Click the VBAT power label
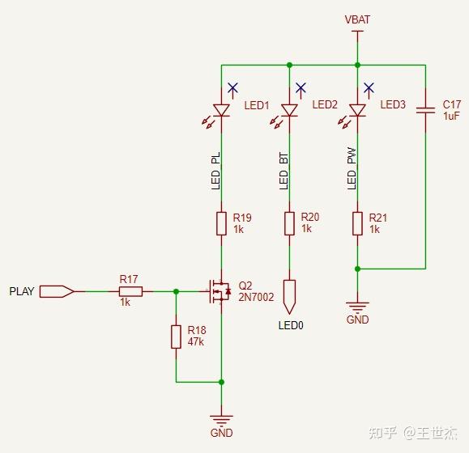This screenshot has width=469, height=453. coord(357,19)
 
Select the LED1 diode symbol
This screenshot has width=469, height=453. coord(221,110)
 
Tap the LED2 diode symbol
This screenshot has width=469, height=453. coord(289,110)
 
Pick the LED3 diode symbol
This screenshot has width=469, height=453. coord(357,110)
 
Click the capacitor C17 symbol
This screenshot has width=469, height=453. coord(425,110)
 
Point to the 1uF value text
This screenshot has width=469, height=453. coord(451,116)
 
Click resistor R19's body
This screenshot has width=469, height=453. coord(221,223)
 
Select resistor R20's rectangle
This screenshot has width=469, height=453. coord(289,223)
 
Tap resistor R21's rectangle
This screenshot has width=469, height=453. coord(357,223)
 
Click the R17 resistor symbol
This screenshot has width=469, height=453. coord(130,291)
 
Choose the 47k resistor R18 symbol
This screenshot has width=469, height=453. coord(176,337)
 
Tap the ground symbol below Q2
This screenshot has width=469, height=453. coord(221,420)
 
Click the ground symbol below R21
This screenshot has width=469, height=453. coord(357,307)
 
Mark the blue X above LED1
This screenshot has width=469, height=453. coord(232,87)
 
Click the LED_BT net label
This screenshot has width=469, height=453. coord(284,170)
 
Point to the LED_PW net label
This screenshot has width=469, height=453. coord(352,170)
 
